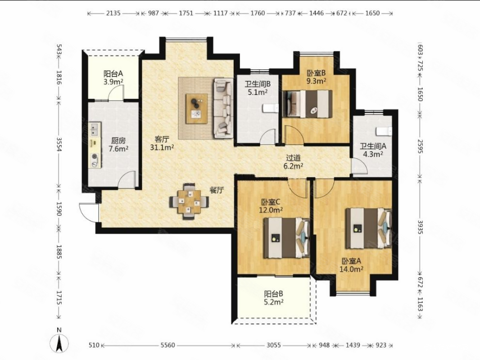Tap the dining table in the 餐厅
189,201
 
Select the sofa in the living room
223,108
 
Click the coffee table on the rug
196,108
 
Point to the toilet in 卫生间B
270,108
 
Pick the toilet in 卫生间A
384,131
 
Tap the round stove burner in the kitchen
95,157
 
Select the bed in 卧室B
308,103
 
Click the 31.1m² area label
162,148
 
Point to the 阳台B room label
273,294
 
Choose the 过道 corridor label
293,158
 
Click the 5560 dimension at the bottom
168,345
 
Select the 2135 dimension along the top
113,13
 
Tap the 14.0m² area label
351,269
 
